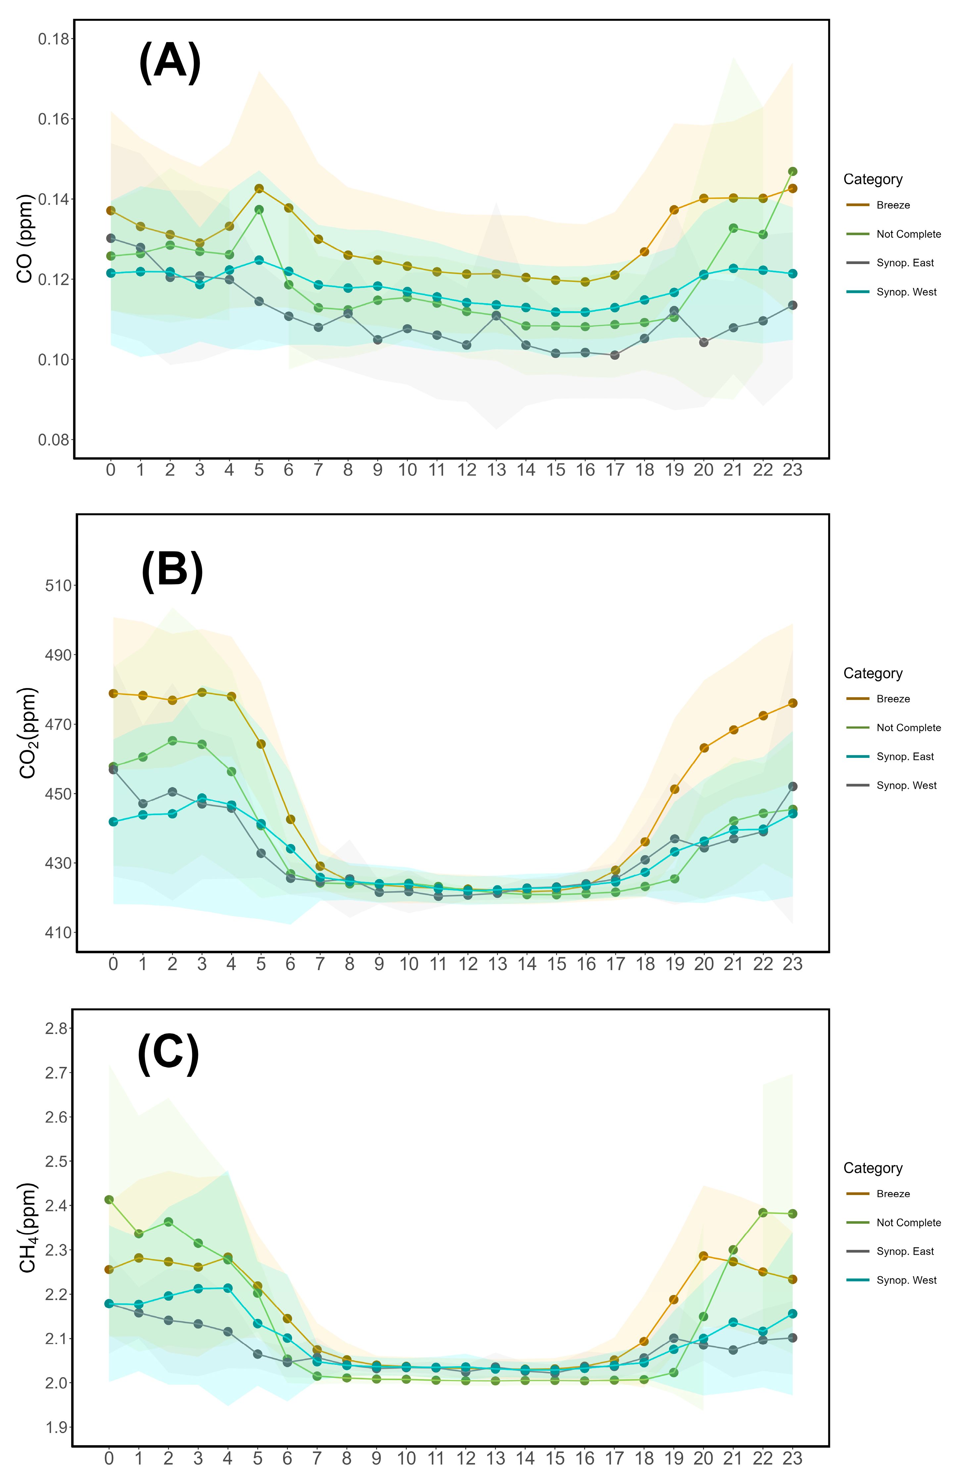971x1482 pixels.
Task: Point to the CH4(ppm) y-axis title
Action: [27, 1227]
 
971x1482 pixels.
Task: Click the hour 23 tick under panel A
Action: [792, 470]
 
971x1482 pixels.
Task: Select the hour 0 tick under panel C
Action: [109, 1459]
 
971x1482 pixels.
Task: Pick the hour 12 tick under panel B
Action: [468, 964]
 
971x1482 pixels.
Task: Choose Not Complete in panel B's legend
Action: [908, 728]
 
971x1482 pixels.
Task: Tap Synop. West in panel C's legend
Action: [906, 1280]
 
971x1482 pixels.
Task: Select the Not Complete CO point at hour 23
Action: [792, 171]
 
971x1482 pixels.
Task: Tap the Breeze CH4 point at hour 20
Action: [703, 1256]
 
